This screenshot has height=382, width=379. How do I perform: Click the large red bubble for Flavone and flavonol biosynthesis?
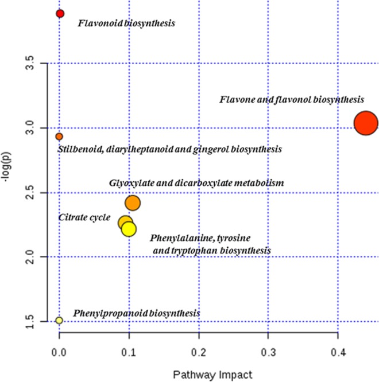coord(365,123)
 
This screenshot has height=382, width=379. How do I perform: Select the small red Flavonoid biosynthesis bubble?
coord(60,13)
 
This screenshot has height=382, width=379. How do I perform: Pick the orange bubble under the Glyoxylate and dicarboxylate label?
coord(133,203)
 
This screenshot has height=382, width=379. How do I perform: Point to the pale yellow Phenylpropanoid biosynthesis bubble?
coord(59,320)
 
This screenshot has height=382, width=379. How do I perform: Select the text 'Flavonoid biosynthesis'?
coord(126,24)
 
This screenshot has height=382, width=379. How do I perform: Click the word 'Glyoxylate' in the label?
coord(130,184)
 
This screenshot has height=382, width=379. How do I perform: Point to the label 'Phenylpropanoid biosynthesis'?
coord(137,313)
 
